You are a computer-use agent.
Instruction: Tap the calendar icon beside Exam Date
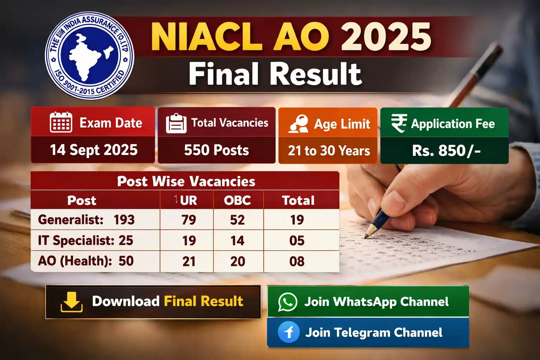coord(61,122)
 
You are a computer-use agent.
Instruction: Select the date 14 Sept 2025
coord(94,150)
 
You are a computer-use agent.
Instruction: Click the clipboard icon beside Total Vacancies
coord(176,123)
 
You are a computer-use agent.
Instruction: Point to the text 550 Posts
coord(217,150)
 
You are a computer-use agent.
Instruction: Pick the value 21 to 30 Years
coord(329,151)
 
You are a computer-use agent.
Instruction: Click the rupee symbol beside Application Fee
coord(399,123)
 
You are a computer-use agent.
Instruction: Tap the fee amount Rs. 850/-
coord(446,151)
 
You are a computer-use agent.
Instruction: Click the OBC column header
coord(238,200)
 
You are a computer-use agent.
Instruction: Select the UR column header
coord(188,200)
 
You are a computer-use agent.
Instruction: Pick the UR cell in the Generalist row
coord(189,220)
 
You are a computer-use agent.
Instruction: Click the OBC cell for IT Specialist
coord(238,241)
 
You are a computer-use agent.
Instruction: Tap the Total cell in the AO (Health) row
coord(297,262)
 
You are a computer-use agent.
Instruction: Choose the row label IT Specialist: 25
coord(85,241)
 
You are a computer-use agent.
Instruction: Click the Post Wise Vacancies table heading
coord(186,181)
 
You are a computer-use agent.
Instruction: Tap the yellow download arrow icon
coord(72,302)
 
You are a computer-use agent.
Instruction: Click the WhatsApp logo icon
coord(288,302)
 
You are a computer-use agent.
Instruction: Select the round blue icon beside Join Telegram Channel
coord(289,332)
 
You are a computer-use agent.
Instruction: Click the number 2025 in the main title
coord(386,37)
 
